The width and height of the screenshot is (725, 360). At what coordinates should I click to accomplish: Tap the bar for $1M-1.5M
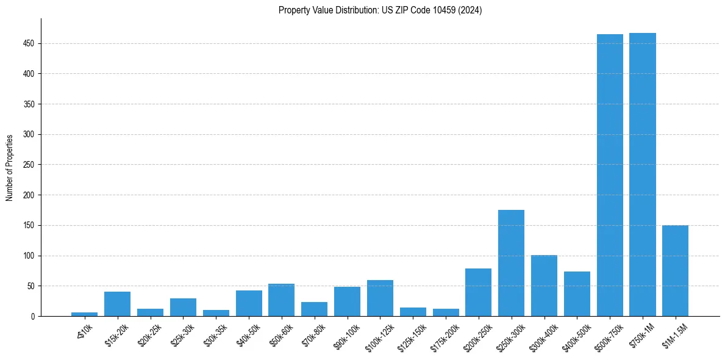[x=675, y=271]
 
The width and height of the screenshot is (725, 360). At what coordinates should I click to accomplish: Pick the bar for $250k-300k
[x=511, y=263]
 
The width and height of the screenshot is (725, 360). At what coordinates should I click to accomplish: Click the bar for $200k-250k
[x=478, y=292]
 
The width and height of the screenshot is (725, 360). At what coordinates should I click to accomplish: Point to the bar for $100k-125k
[x=380, y=298]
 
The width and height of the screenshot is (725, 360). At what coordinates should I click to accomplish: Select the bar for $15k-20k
[x=117, y=304]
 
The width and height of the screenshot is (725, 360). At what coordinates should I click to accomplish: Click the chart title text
[x=380, y=10]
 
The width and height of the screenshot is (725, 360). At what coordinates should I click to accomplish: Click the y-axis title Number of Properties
[x=10, y=167]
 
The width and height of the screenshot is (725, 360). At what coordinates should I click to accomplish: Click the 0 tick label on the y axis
[x=34, y=316]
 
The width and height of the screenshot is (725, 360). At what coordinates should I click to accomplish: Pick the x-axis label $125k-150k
[x=412, y=335]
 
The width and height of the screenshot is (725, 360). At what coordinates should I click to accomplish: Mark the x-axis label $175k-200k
[x=445, y=335]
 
